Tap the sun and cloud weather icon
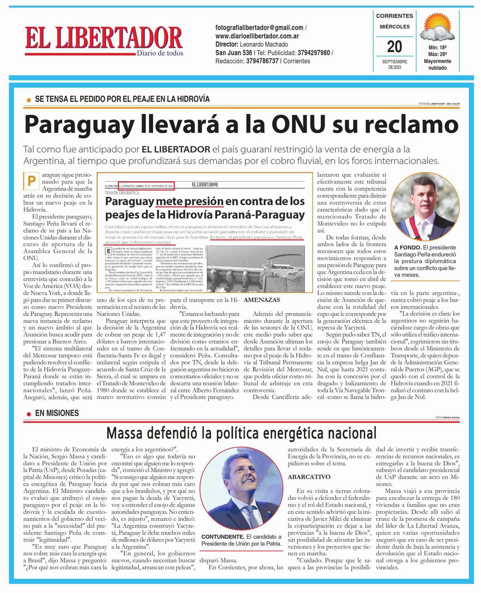[438, 27]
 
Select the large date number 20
[394, 47]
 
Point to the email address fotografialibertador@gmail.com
[259, 28]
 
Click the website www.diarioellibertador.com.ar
[257, 36]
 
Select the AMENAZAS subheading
[262, 300]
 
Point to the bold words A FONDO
[407, 248]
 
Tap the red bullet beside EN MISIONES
[28, 414]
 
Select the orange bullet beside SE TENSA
[28, 100]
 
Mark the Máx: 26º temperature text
[437, 54]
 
